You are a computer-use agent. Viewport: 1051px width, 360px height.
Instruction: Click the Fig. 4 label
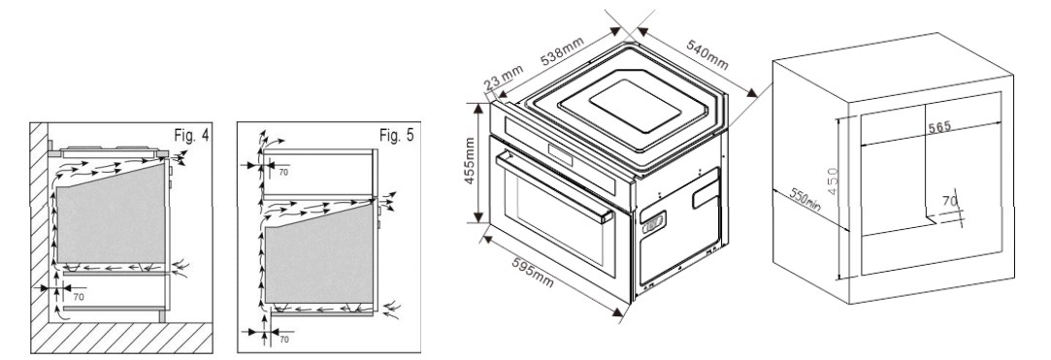click(x=191, y=136)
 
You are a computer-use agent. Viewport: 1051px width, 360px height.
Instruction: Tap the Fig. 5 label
click(x=397, y=136)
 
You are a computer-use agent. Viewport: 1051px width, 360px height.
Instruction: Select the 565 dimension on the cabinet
click(x=939, y=127)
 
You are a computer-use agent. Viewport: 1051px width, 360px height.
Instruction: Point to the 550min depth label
click(x=805, y=199)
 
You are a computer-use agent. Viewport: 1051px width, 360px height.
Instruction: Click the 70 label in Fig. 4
click(x=80, y=296)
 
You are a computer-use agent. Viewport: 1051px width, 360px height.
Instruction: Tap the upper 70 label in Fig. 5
click(x=282, y=173)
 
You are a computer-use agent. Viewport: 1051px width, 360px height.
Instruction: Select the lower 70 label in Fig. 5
click(x=284, y=340)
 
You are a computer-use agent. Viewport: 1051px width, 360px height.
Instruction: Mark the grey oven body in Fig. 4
click(x=111, y=214)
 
